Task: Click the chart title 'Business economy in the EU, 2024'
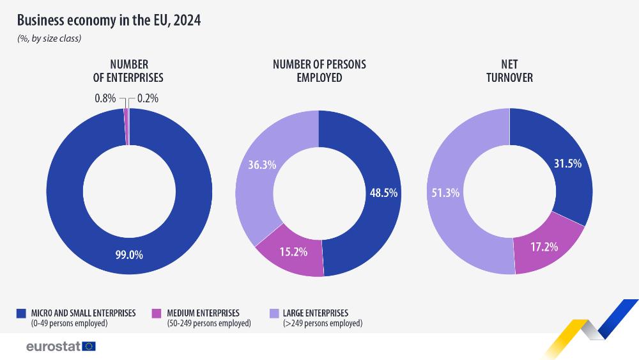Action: tap(109, 20)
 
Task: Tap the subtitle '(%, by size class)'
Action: tap(49, 38)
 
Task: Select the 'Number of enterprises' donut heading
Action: tap(129, 71)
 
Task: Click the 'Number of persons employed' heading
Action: tap(319, 71)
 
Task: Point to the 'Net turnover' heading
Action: tap(509, 71)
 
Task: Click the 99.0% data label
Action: tap(129, 254)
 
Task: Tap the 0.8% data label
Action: tap(105, 98)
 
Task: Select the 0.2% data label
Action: tap(148, 98)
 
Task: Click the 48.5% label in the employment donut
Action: tap(384, 192)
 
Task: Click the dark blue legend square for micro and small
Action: tap(22, 313)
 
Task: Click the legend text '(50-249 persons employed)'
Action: tap(208, 324)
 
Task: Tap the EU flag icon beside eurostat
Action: tap(89, 347)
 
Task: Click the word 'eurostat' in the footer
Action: tap(52, 347)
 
